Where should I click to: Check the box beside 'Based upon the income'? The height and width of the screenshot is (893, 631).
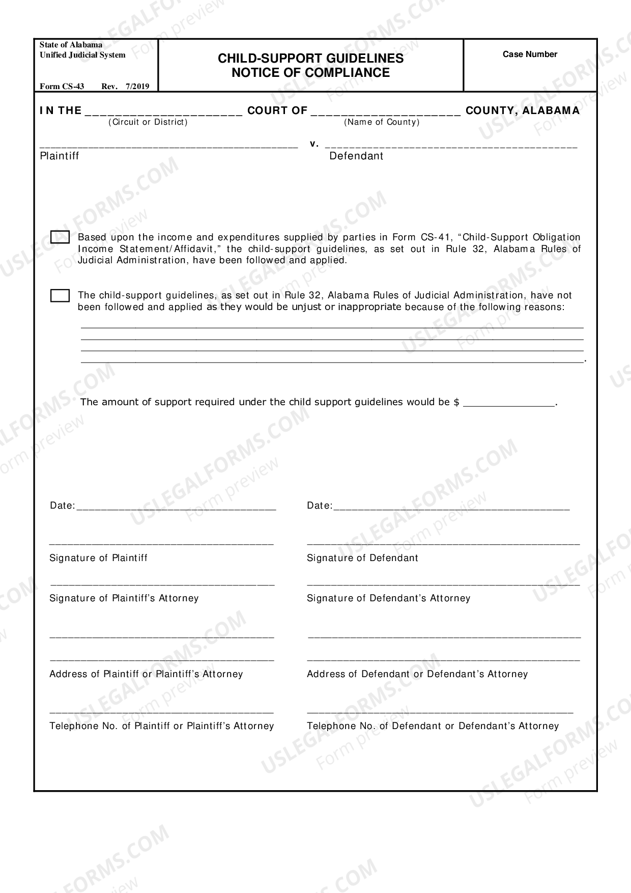[x=60, y=237]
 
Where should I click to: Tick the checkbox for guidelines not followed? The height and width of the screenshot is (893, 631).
[x=60, y=296]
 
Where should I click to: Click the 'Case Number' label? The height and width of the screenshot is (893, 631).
[x=530, y=54]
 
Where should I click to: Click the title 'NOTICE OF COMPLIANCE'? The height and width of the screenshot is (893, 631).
[x=310, y=73]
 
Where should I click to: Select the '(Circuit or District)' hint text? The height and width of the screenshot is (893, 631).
[x=148, y=122]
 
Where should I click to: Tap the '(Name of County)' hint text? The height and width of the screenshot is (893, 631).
[x=382, y=122]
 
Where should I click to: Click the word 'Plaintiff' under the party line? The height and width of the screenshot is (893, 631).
[x=60, y=156]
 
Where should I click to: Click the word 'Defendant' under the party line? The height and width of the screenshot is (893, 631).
[x=356, y=156]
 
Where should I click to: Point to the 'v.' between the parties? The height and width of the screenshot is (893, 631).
[x=314, y=144]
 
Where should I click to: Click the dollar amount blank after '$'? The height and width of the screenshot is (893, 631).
[x=509, y=402]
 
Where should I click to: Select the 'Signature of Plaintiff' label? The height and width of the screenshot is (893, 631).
[x=98, y=558]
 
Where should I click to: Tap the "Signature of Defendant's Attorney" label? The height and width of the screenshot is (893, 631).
[x=388, y=598]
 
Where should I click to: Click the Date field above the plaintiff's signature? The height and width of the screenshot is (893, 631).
[x=176, y=506]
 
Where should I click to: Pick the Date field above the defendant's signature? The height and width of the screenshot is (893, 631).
[x=451, y=506]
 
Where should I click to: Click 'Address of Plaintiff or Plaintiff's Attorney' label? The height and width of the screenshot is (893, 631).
[x=146, y=674]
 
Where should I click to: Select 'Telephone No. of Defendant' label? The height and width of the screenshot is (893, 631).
[x=433, y=726]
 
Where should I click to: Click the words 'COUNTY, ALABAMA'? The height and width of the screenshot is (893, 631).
[x=523, y=110]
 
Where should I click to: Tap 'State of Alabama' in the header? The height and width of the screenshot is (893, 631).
[x=71, y=45]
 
